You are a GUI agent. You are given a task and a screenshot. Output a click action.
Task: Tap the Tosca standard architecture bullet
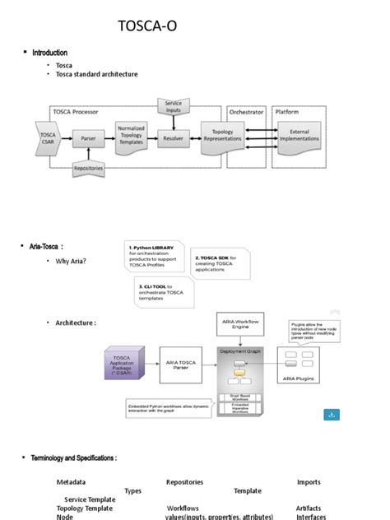pyautogui.click(x=96, y=75)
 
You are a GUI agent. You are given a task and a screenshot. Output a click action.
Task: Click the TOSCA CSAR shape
pyautogui.click(x=48, y=137)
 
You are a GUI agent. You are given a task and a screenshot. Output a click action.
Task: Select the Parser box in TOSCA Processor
pyautogui.click(x=88, y=138)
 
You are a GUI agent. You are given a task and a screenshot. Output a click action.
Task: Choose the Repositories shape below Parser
pyautogui.click(x=88, y=169)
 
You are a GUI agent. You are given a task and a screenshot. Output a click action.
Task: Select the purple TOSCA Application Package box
pyautogui.click(x=124, y=363)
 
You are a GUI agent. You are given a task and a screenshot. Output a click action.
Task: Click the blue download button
pyautogui.click(x=331, y=415)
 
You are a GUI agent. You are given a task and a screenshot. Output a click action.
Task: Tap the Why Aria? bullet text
pyautogui.click(x=72, y=262)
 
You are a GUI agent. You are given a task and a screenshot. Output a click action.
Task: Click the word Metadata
pyautogui.click(x=71, y=482)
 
